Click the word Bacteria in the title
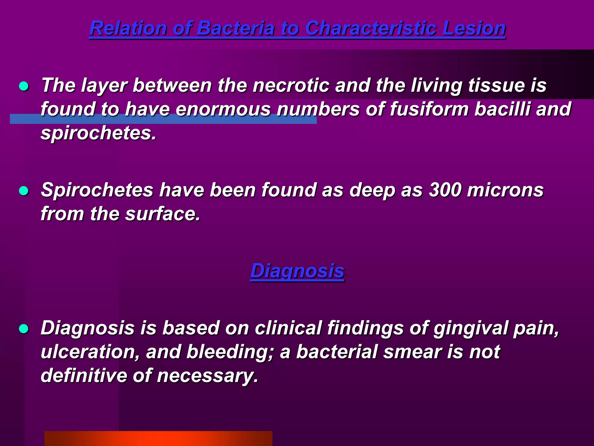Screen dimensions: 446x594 pos(235,28)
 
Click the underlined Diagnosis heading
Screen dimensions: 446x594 pos(297,271)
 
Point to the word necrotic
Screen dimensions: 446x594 pos(291,85)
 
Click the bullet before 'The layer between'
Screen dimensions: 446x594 pos(23,86)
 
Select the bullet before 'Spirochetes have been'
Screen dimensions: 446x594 pos(23,191)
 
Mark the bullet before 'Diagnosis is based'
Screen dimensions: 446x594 pos(23,329)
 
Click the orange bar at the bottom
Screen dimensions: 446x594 pos(158,438)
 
